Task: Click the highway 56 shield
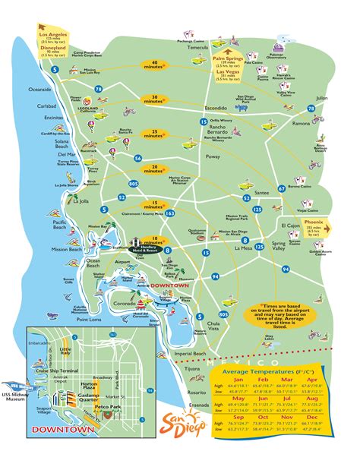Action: click(137, 159)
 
